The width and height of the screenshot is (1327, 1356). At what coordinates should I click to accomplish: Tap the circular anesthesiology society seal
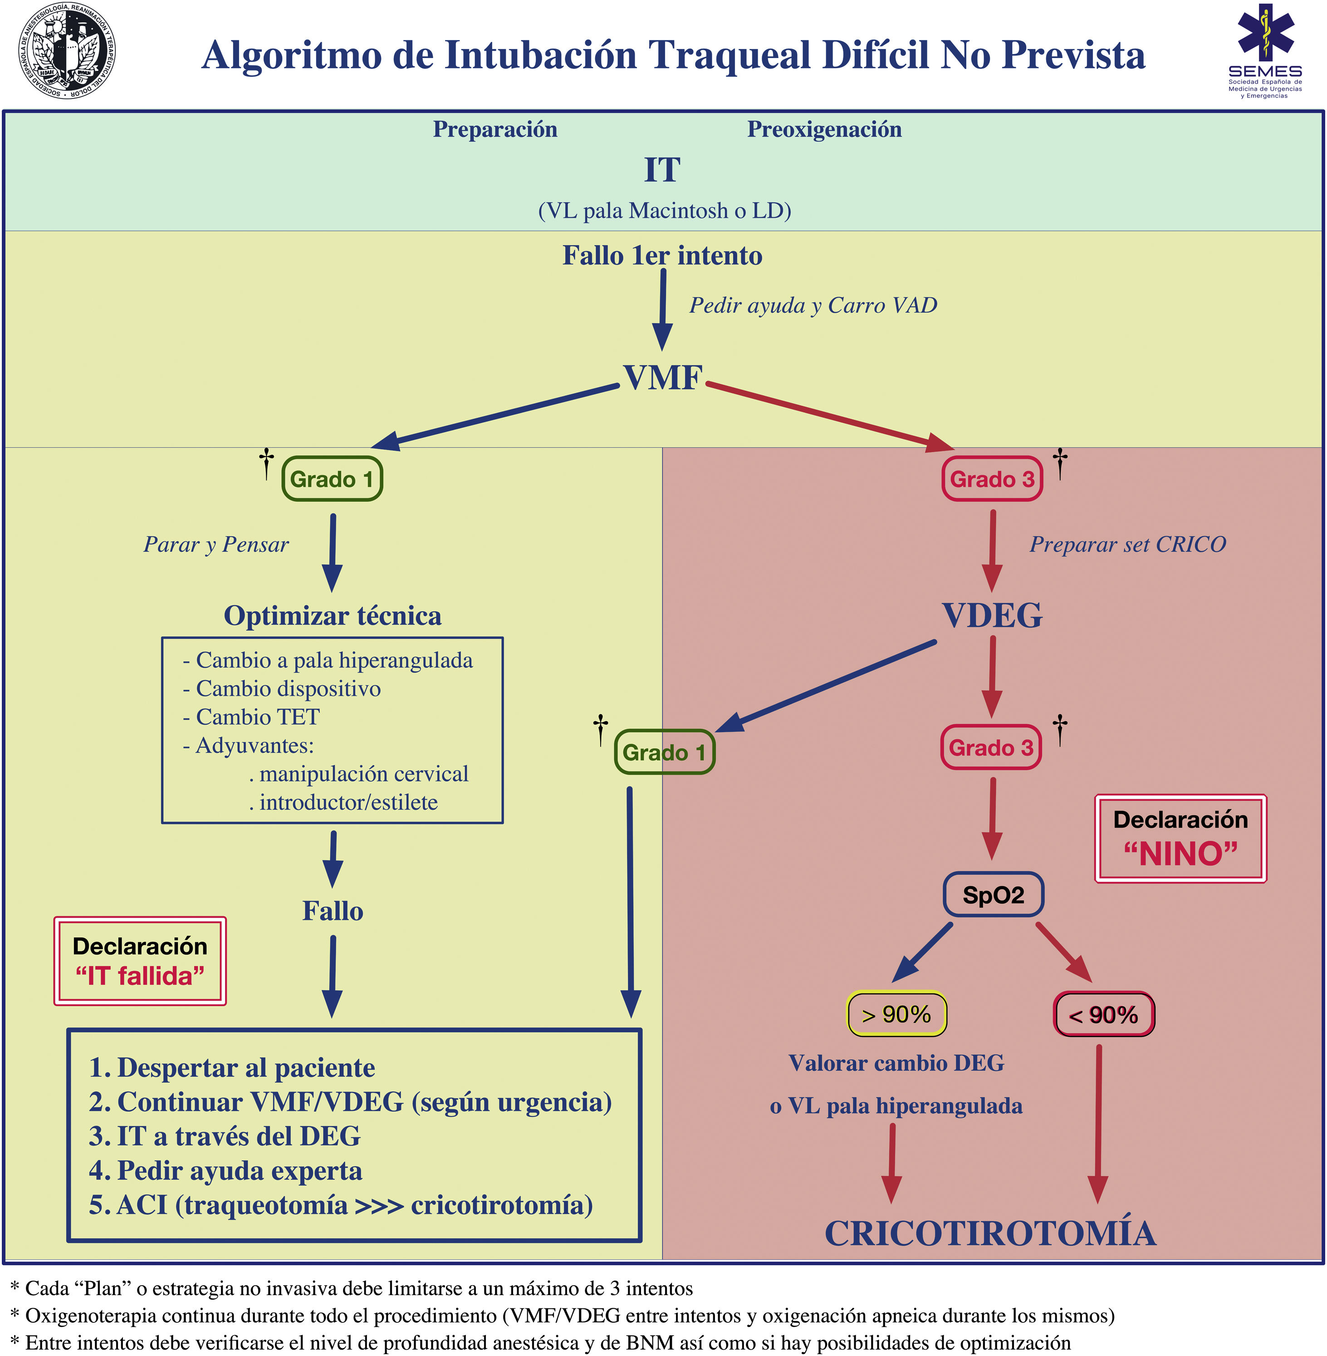click(66, 51)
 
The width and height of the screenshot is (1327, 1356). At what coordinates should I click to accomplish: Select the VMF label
click(662, 378)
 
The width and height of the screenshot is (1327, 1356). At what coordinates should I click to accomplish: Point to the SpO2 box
click(993, 894)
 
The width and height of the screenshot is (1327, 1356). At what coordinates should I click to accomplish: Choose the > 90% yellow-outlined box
click(896, 1014)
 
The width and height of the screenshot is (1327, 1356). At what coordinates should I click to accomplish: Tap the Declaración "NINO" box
click(1180, 839)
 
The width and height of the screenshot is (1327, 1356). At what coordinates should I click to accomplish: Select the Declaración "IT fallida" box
click(140, 961)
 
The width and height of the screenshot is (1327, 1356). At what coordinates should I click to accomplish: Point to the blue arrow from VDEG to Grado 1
click(826, 686)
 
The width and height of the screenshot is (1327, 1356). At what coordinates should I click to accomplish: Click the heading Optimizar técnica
click(333, 616)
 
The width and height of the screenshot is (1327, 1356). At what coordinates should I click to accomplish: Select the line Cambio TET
click(257, 717)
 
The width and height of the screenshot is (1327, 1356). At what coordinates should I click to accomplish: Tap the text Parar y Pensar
click(216, 545)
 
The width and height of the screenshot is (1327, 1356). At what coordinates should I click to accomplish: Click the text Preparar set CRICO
click(1128, 545)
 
